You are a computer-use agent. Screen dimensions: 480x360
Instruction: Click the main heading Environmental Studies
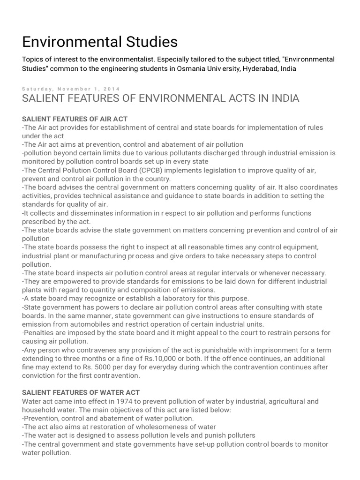click(x=100, y=42)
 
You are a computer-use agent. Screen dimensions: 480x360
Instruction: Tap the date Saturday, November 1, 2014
click(x=71, y=89)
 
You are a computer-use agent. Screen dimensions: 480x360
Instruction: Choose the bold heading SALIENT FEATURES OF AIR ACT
click(x=75, y=119)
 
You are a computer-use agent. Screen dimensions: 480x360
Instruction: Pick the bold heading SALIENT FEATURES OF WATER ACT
click(x=81, y=392)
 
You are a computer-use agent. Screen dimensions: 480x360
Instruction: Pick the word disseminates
click(x=87, y=213)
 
